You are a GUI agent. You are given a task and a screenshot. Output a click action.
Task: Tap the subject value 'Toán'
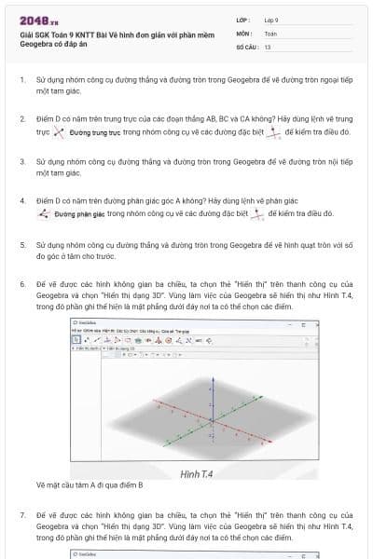click(x=270, y=33)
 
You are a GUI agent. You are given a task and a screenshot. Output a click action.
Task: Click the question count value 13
click(x=268, y=46)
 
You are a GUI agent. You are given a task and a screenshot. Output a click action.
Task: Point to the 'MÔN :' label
click(x=244, y=33)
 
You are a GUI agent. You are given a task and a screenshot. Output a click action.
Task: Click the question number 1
click(x=21, y=80)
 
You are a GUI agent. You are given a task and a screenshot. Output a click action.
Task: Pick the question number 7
click(x=21, y=513)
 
